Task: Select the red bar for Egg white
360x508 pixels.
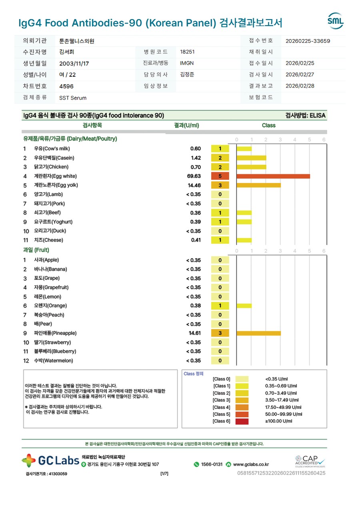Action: pyautogui.click(x=273, y=176)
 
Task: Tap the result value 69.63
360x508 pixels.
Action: pyautogui.click(x=194, y=176)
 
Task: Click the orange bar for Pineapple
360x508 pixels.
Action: pyautogui.click(x=259, y=333)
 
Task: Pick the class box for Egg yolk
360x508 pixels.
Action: pyautogui.click(x=220, y=185)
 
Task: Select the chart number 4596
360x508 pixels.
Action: pyautogui.click(x=66, y=86)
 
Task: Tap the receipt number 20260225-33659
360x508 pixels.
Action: pyautogui.click(x=308, y=41)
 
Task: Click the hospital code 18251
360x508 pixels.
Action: pyautogui.click(x=188, y=52)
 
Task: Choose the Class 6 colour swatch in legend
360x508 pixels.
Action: pyautogui.click(x=242, y=421)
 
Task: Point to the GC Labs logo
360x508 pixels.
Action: pyautogui.click(x=50, y=460)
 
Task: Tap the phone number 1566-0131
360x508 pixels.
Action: pyautogui.click(x=212, y=464)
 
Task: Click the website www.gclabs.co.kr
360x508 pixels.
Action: pyautogui.click(x=251, y=464)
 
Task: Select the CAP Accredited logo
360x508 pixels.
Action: pyautogui.click(x=310, y=461)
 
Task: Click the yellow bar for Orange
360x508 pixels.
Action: pyautogui.click(x=244, y=306)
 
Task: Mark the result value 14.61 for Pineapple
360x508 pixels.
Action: pyautogui.click(x=194, y=333)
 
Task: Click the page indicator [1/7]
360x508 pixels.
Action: pyautogui.click(x=164, y=474)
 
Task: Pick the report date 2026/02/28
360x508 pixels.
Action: pyautogui.click(x=300, y=86)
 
